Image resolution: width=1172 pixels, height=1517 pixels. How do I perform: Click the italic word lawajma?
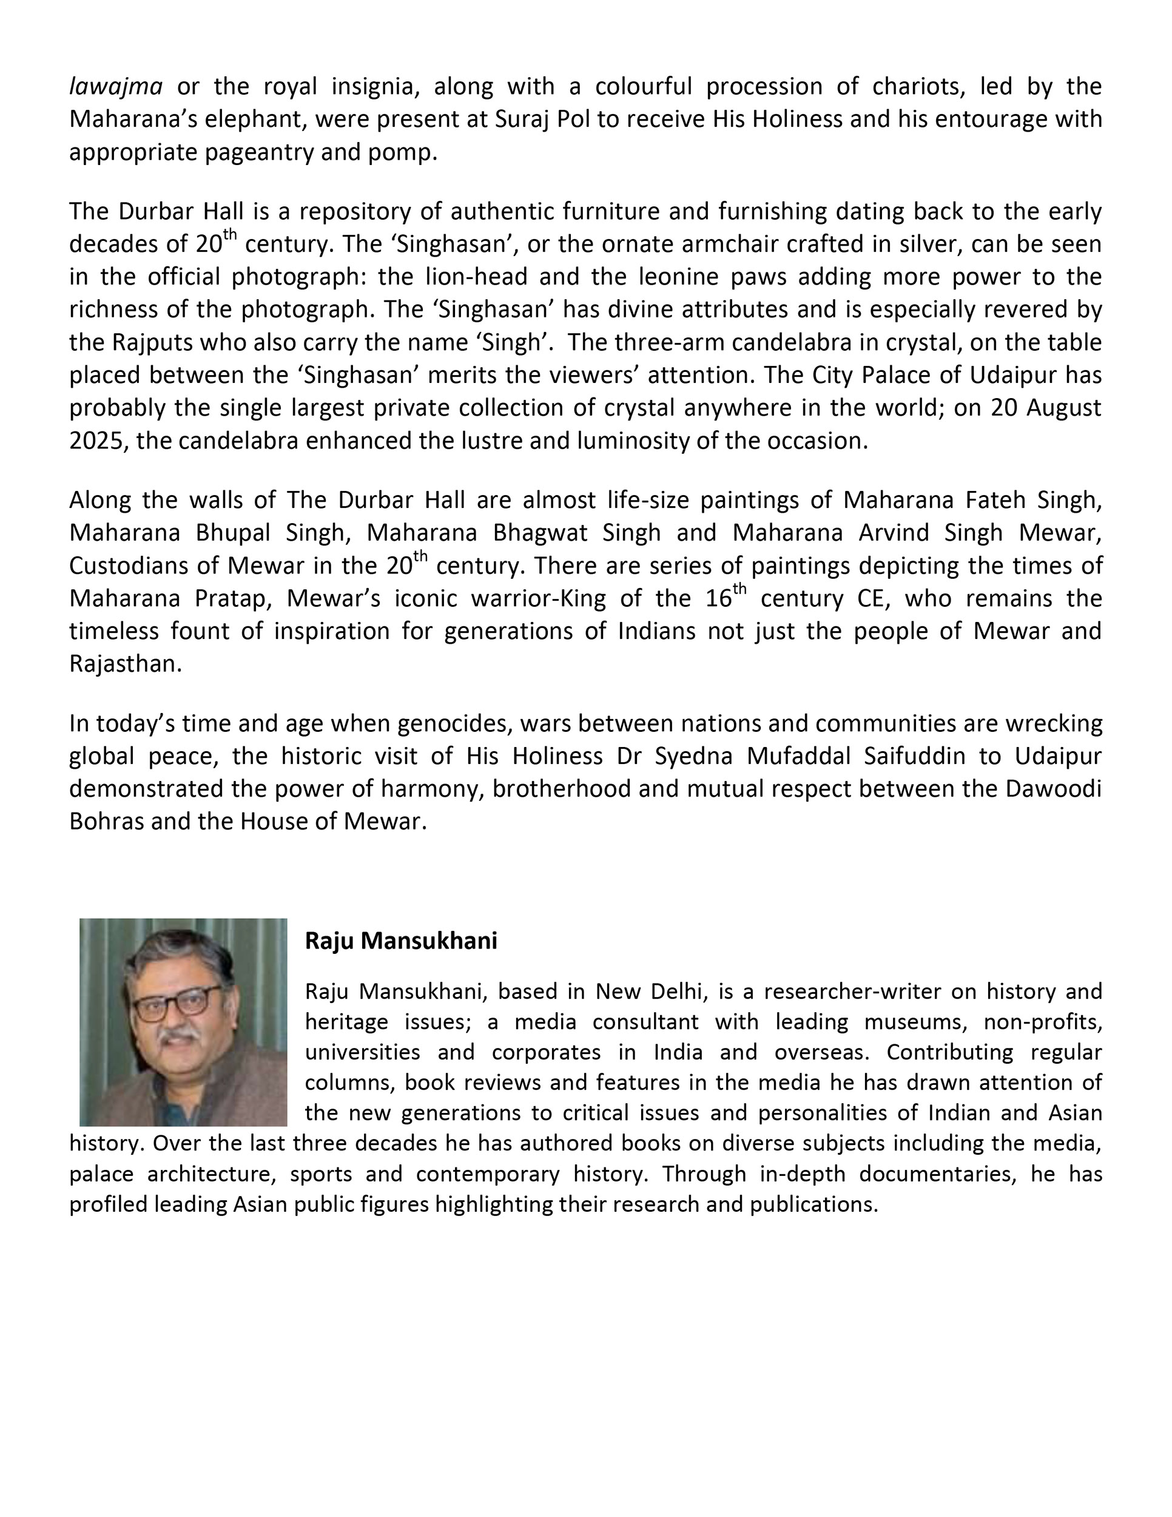[116, 87]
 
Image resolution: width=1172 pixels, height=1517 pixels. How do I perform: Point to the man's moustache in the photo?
[179, 1037]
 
